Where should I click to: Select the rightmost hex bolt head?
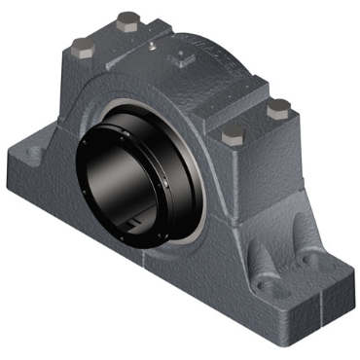[x=279, y=106]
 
